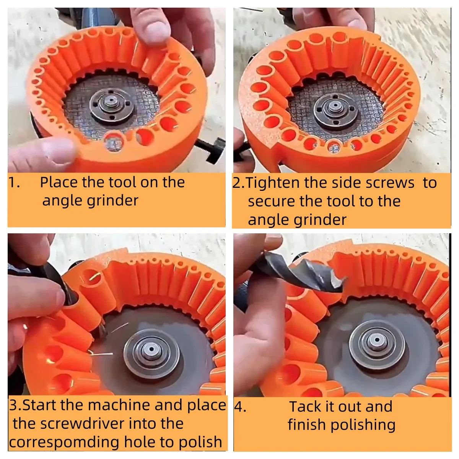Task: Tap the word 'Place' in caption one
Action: [x=59, y=182]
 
